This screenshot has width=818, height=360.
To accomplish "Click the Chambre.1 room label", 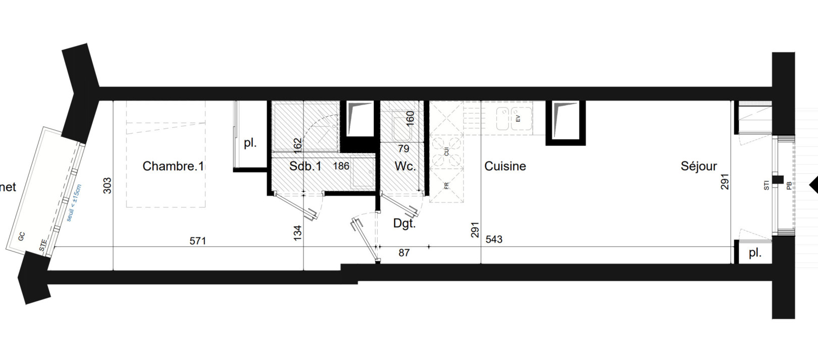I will click(x=173, y=166).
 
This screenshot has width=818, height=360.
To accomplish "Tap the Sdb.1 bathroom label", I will click(x=305, y=166).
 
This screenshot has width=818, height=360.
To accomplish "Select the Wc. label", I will click(x=405, y=166).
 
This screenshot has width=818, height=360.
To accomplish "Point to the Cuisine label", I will click(x=505, y=166).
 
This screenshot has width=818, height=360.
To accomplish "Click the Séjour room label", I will click(x=698, y=166).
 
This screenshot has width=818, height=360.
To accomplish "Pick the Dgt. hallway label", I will click(x=404, y=223).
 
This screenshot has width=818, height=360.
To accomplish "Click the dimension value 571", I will click(x=198, y=241).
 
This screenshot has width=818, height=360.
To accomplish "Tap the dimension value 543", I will click(x=494, y=239).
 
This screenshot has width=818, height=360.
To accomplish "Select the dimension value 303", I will click(x=107, y=185).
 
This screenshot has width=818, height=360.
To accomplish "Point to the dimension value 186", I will click(x=341, y=166).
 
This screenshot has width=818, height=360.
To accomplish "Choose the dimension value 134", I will click(x=297, y=232).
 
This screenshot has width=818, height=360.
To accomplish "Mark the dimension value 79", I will click(x=403, y=149).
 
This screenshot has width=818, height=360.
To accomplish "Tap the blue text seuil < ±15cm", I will click(x=74, y=202).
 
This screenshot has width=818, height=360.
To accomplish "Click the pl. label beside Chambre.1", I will click(x=250, y=143).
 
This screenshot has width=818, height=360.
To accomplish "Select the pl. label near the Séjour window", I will click(x=755, y=253).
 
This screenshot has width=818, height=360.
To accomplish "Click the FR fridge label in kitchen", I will click(x=446, y=186).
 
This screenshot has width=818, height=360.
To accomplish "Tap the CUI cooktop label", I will click(x=446, y=151).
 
